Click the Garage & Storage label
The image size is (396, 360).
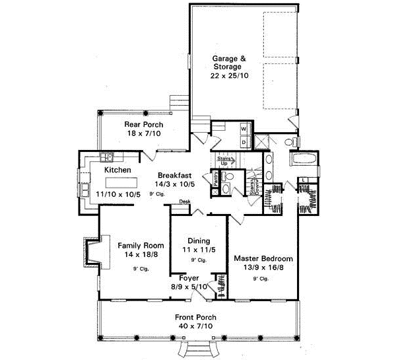(229, 62)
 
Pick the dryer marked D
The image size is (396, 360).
(243, 141)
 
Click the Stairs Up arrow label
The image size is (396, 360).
(222, 160)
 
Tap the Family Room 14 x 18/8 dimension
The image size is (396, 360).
(136, 254)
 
